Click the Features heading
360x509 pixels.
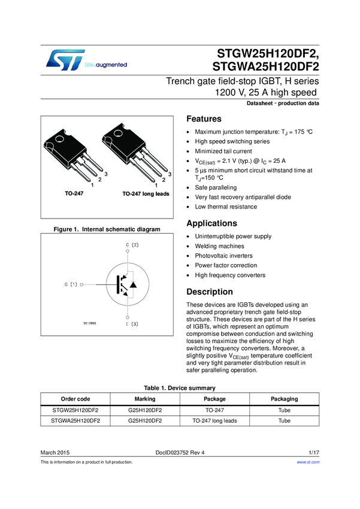tap(204, 119)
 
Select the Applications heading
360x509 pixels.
tap(211, 223)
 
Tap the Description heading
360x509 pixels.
tap(210, 292)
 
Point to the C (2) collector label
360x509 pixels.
tap(132, 245)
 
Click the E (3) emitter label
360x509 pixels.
tap(132, 324)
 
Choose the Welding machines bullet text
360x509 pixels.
tap(219, 246)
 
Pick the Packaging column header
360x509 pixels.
tap(285, 399)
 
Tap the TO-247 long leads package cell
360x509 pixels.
tap(214, 421)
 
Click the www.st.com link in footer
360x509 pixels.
tap(308, 462)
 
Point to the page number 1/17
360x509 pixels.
tap(314, 453)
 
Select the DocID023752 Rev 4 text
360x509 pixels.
tap(180, 453)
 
